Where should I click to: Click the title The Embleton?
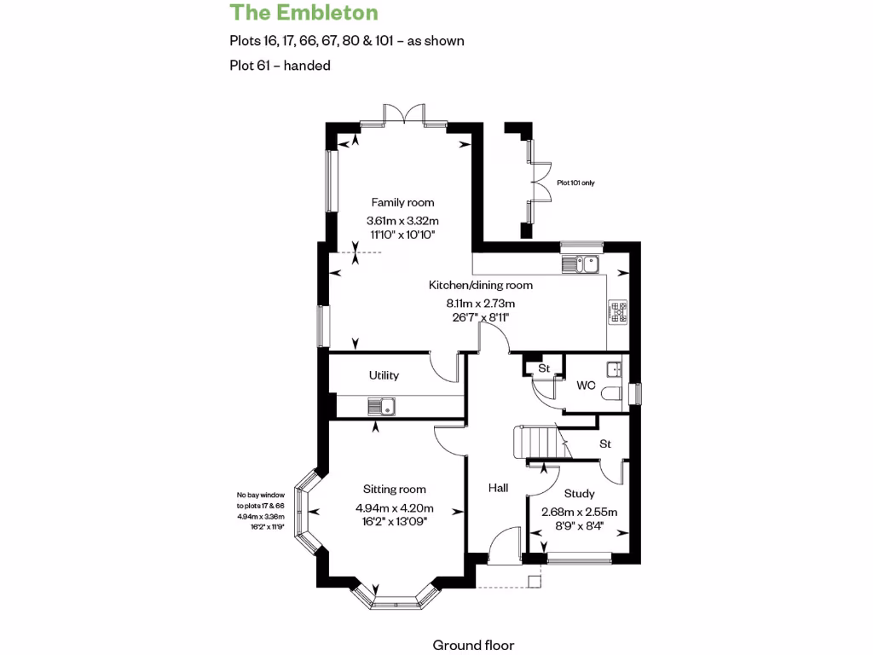click(303, 13)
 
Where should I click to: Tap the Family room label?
click(402, 202)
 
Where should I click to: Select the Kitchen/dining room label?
click(480, 285)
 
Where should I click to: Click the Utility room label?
click(384, 375)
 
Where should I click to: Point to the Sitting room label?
click(394, 490)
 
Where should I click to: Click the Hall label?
click(498, 488)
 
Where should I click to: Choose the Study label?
click(580, 494)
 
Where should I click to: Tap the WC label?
click(585, 385)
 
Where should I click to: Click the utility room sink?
click(380, 407)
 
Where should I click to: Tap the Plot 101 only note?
click(576, 183)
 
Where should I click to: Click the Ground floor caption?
click(473, 645)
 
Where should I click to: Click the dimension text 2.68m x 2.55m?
click(580, 512)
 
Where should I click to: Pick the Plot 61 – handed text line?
click(280, 65)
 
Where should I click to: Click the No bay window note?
click(261, 496)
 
